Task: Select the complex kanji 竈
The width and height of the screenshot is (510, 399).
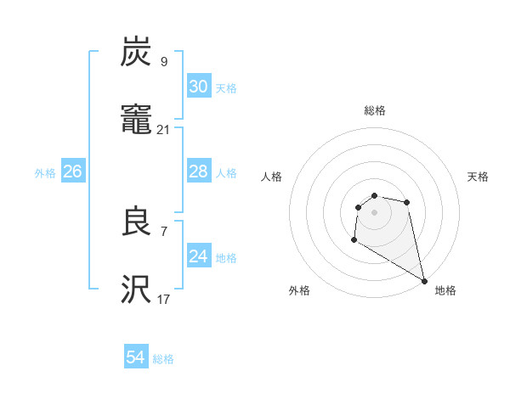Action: pyautogui.click(x=137, y=121)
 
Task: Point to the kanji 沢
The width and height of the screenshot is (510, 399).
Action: pyautogui.click(x=137, y=290)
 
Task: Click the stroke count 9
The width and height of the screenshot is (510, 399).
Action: pyautogui.click(x=164, y=61)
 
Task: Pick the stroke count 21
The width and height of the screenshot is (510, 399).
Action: pyautogui.click(x=164, y=130)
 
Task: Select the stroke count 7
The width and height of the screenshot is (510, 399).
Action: pyautogui.click(x=164, y=230)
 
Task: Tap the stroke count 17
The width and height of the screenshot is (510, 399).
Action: pyautogui.click(x=164, y=299)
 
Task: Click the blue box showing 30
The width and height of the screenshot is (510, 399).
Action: pyautogui.click(x=199, y=87)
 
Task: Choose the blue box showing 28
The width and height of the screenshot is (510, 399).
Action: pyautogui.click(x=199, y=171)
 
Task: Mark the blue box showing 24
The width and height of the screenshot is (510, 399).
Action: pyautogui.click(x=199, y=256)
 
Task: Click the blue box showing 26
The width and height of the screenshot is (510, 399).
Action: pyautogui.click(x=73, y=171)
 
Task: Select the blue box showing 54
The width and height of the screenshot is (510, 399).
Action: pyautogui.click(x=136, y=357)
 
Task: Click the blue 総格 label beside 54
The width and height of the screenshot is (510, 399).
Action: pyautogui.click(x=163, y=359)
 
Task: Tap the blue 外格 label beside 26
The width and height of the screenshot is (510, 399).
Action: pyautogui.click(x=45, y=173)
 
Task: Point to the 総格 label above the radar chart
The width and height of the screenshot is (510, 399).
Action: pyautogui.click(x=375, y=110)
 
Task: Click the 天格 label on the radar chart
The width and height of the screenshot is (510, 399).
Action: pyautogui.click(x=479, y=177)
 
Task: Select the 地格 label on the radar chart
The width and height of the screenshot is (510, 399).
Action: pyautogui.click(x=445, y=290)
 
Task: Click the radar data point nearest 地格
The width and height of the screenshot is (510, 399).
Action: pyautogui.click(x=424, y=280)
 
